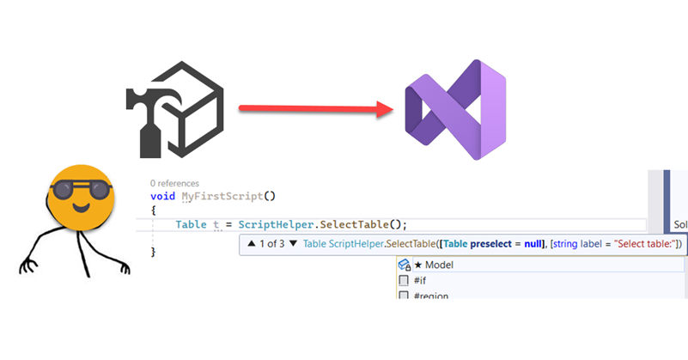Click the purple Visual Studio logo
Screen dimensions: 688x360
(455, 110)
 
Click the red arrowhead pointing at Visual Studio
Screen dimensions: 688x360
(385, 109)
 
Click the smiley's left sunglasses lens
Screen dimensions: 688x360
(64, 190)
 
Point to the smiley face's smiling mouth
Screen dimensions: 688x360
(82, 207)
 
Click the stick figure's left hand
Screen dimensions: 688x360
(28, 266)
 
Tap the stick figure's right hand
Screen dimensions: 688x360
(125, 267)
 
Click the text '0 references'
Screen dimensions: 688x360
(174, 183)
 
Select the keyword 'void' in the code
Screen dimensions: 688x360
(163, 196)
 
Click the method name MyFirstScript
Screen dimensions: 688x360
(222, 196)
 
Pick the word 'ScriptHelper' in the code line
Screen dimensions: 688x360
(277, 224)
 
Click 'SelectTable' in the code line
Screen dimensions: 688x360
(355, 224)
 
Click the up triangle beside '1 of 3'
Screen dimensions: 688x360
(252, 243)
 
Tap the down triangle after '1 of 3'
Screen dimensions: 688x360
(293, 243)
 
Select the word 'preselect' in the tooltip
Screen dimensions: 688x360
(491, 244)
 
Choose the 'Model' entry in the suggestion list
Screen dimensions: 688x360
(439, 265)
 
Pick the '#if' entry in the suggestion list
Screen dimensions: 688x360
(420, 280)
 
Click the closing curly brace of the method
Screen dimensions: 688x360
(153, 252)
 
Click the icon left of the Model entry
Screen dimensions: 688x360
(404, 265)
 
